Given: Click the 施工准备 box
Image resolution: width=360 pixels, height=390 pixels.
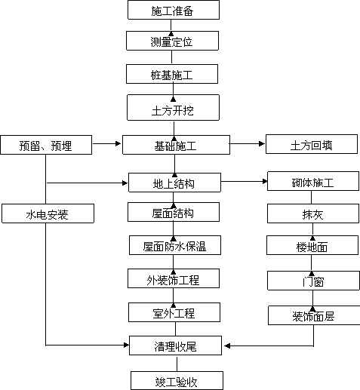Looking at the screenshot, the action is (x=174, y=10).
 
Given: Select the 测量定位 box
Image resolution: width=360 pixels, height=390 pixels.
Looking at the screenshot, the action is (x=172, y=41).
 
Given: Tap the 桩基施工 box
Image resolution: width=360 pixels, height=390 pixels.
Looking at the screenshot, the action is (x=172, y=74).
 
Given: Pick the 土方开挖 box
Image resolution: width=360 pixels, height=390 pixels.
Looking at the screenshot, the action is (x=173, y=107).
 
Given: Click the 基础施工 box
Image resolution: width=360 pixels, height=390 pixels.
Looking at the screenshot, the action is (x=176, y=145).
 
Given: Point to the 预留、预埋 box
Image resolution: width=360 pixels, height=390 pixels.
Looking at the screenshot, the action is (x=46, y=145).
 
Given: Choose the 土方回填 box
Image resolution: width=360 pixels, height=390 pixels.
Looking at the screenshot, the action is (x=312, y=144).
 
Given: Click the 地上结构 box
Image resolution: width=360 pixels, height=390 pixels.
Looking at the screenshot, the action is (x=174, y=183).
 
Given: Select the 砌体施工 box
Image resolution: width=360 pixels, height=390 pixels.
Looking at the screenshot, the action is (x=313, y=181).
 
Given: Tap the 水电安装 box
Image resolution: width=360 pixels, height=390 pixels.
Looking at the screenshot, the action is (x=48, y=213).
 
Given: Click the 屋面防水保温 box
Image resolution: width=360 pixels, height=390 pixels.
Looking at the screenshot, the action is (x=175, y=245).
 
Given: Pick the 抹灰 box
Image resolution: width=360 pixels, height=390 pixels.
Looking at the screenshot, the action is (x=313, y=213).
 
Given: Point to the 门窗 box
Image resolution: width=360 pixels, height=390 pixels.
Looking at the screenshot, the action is (x=313, y=281).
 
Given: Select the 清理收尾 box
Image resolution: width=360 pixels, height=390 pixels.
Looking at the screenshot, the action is (x=175, y=345).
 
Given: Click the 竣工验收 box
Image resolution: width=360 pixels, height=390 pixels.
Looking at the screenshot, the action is (x=177, y=381).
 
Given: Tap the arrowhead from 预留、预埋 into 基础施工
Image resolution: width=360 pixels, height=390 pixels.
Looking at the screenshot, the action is (x=118, y=143).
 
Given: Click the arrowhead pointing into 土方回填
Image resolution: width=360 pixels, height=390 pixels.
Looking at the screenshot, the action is (x=262, y=143).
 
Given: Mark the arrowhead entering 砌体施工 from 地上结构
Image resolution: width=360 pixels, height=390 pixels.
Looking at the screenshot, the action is (x=265, y=181).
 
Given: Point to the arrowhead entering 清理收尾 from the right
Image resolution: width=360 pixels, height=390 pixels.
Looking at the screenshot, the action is (x=227, y=346).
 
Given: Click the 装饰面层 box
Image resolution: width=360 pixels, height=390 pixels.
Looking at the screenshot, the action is (x=314, y=315).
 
